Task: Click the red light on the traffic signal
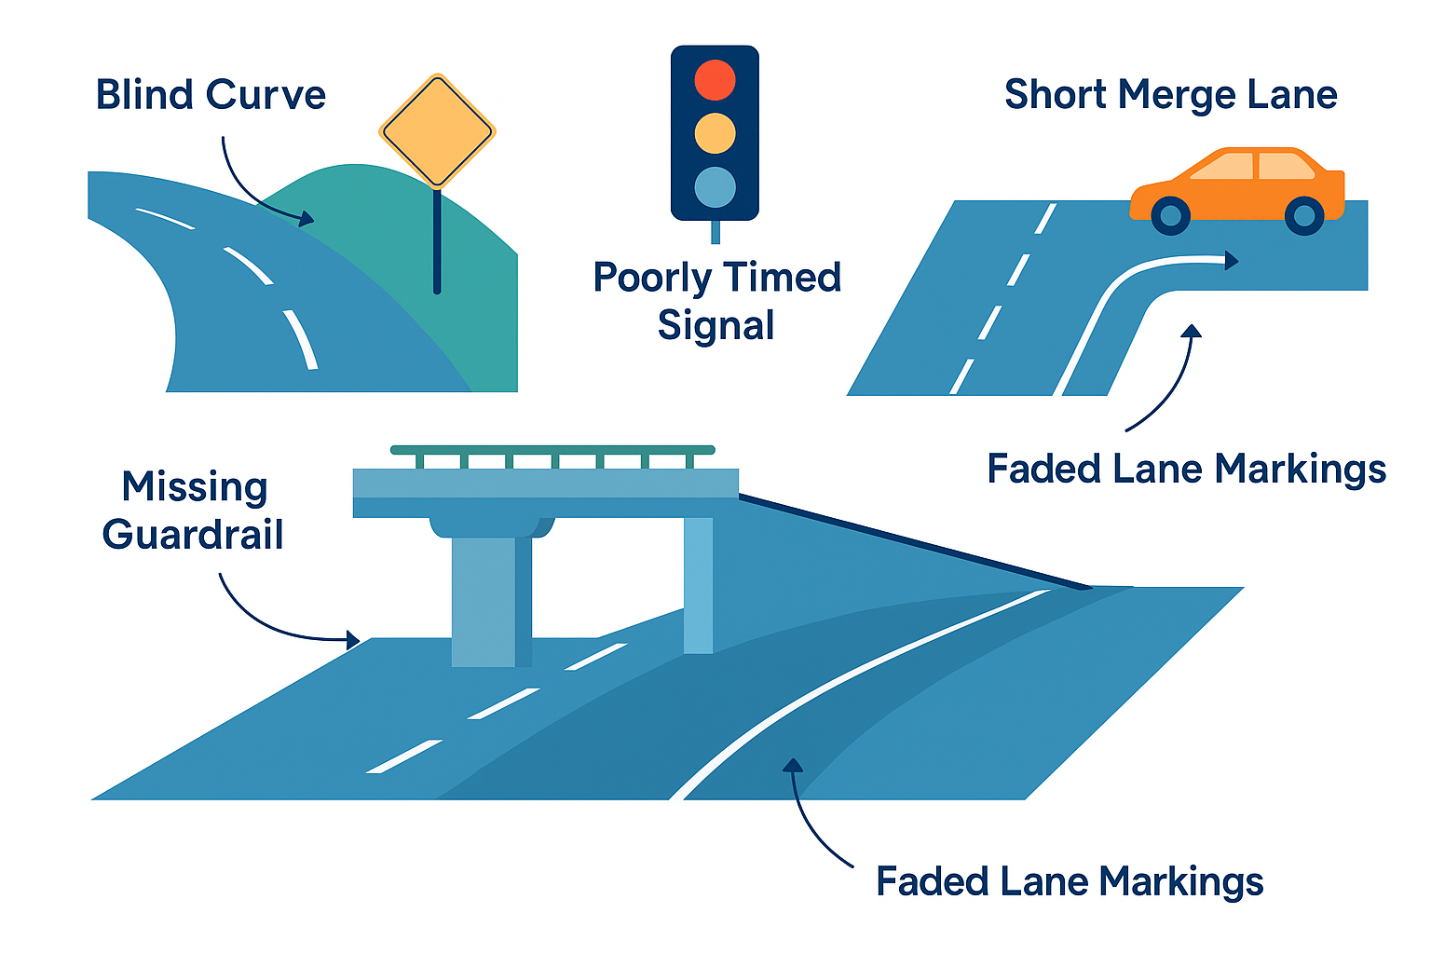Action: (x=715, y=80)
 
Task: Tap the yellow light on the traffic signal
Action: (x=715, y=133)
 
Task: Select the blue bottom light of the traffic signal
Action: (x=715, y=187)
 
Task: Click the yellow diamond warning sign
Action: (x=437, y=131)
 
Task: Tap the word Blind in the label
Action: (x=145, y=95)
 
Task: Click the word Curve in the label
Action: (x=266, y=95)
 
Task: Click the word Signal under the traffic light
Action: (x=715, y=326)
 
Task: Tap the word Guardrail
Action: (x=193, y=535)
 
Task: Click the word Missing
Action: (x=195, y=487)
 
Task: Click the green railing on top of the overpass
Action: (x=552, y=451)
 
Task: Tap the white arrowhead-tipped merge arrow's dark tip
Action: (x=1232, y=260)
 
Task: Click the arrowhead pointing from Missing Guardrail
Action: (x=353, y=640)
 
